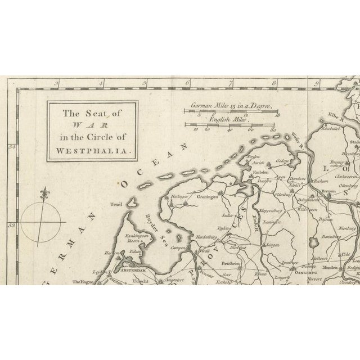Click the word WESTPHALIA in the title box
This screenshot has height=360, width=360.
click(93, 150)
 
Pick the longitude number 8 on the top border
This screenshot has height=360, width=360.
click(273, 85)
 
